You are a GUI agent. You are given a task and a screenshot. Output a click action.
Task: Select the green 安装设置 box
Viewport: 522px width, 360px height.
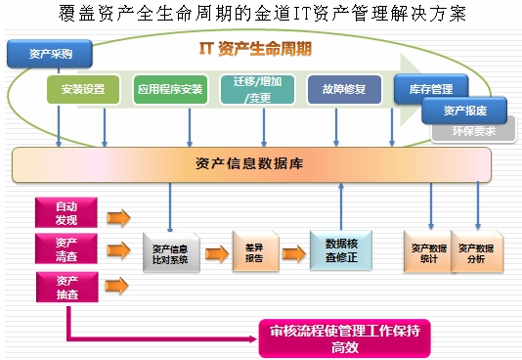tap(83, 89)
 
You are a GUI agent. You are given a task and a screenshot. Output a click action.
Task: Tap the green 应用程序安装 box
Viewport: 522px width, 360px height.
tap(170, 89)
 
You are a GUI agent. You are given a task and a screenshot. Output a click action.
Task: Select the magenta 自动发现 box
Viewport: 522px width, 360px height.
tap(66, 212)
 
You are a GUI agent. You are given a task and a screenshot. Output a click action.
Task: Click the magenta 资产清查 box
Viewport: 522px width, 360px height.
tap(66, 248)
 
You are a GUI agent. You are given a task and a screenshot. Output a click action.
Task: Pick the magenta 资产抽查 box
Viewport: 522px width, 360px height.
tap(66, 286)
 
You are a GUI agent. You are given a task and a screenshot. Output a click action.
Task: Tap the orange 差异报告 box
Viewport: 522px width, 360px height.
tap(254, 253)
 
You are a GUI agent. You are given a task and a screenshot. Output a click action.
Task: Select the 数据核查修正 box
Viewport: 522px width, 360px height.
tap(340, 249)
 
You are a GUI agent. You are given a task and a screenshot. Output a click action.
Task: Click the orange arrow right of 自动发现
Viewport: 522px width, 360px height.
tap(118, 216)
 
